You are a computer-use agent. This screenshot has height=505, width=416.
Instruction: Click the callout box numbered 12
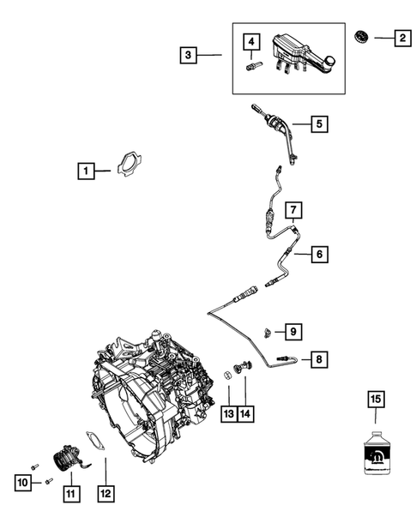pyautogui.click(x=106, y=493)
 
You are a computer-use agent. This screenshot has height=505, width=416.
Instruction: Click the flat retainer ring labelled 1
pyautogui.click(x=128, y=163)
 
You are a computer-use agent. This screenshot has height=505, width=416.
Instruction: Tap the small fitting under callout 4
pyautogui.click(x=252, y=67)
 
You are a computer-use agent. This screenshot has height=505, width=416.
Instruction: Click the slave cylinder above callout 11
pyautogui.click(x=65, y=461)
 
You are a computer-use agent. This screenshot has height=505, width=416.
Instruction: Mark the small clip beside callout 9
pyautogui.click(x=268, y=331)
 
